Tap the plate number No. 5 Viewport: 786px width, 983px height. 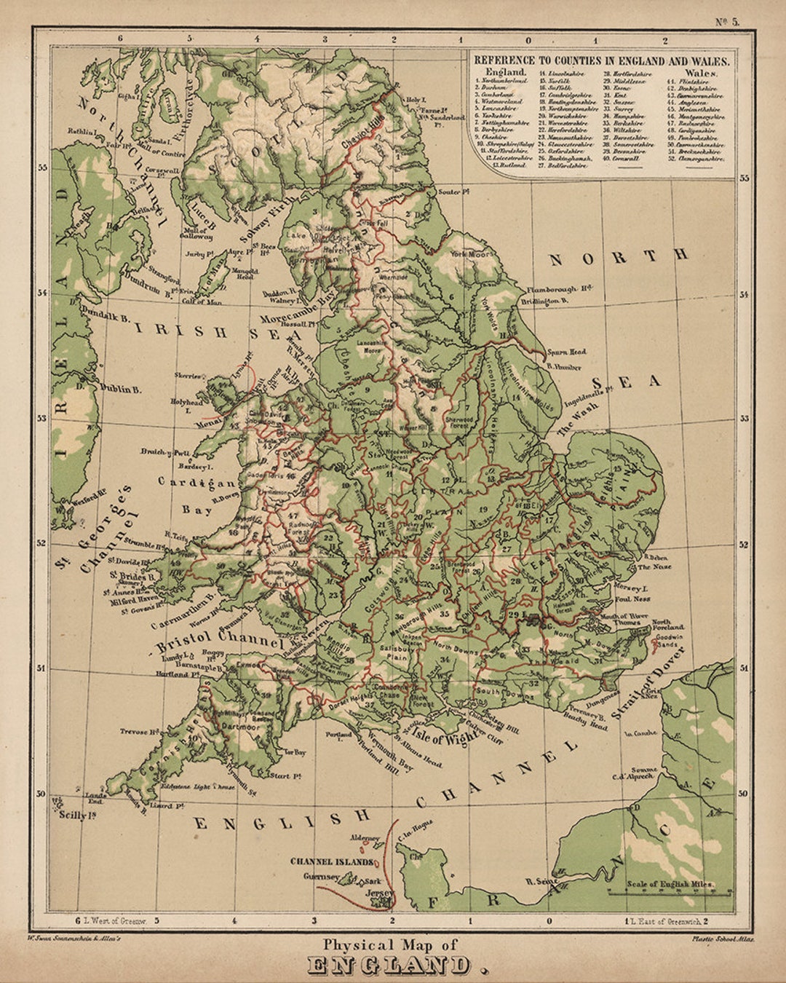click(726, 21)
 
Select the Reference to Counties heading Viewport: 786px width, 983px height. click(601, 61)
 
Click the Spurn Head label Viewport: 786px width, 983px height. click(568, 352)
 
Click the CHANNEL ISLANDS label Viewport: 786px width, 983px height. click(332, 861)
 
